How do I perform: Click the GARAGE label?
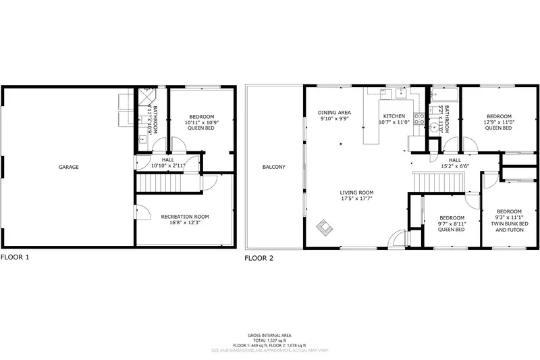[x=68, y=167]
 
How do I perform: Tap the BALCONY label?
[x=274, y=167]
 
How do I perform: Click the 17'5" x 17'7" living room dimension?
[x=356, y=199]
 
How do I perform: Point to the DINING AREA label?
[x=334, y=112]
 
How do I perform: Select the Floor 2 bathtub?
[x=445, y=95]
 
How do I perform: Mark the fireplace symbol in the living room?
[x=324, y=228]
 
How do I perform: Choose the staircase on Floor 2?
[x=439, y=181]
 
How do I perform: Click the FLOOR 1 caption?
[x=15, y=257]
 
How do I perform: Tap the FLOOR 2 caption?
[x=259, y=257]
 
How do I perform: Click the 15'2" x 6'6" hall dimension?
[x=455, y=165]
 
